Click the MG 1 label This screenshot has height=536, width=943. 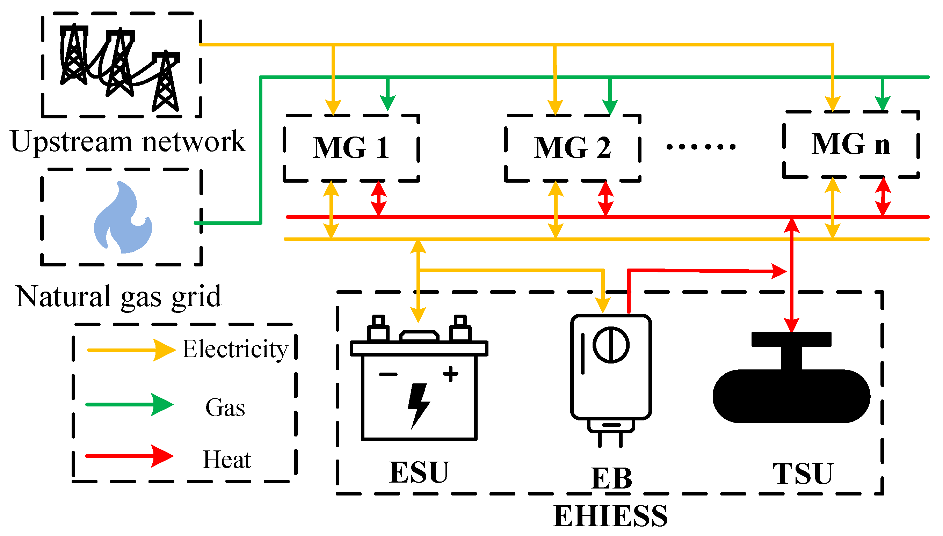(x=351, y=148)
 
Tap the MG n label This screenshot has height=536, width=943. (x=850, y=144)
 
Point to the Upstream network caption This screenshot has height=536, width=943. (x=128, y=142)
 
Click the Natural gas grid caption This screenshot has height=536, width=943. (x=118, y=297)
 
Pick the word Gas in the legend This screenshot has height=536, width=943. (x=225, y=408)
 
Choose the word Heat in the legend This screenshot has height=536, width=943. (x=226, y=460)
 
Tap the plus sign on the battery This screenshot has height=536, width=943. (x=450, y=374)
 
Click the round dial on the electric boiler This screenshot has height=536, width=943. (x=611, y=345)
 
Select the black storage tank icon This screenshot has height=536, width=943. (x=791, y=390)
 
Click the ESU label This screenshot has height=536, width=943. (x=419, y=473)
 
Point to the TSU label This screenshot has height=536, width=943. (x=803, y=474)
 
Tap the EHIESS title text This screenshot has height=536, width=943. (x=610, y=516)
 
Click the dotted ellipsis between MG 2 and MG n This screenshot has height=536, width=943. (x=701, y=147)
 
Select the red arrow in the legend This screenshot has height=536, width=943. (x=129, y=456)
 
